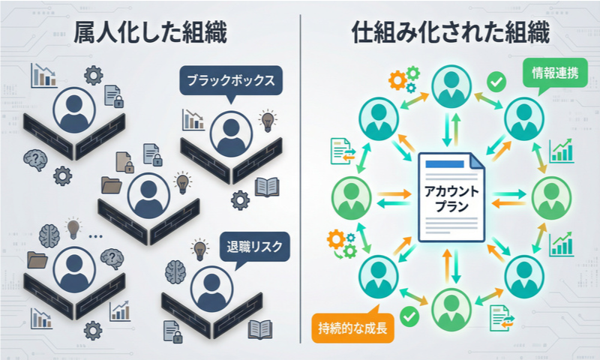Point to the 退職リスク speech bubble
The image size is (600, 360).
click(255, 245)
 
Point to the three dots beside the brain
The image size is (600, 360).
click(95, 235)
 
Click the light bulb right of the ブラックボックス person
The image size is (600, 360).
click(266, 119)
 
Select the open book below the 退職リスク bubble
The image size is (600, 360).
click(260, 328)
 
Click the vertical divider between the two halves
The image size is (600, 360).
click(300, 180)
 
